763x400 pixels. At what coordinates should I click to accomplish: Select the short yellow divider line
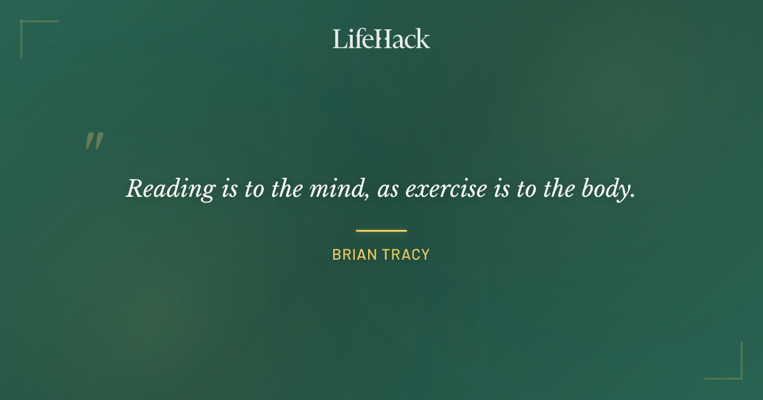coord(381,230)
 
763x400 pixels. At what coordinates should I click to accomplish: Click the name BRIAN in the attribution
coord(355,255)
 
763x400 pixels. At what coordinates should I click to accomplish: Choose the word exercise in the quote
coord(446,189)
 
